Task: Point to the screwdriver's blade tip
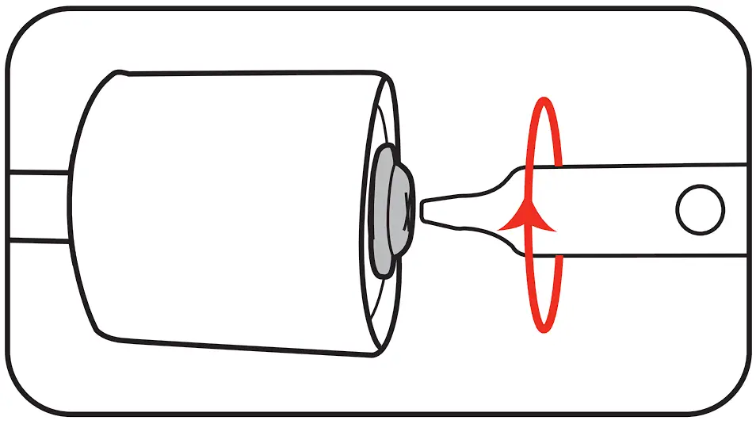[425, 211]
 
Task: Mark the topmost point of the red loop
[544, 100]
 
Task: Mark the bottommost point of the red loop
[544, 331]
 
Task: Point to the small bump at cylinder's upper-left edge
[119, 74]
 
